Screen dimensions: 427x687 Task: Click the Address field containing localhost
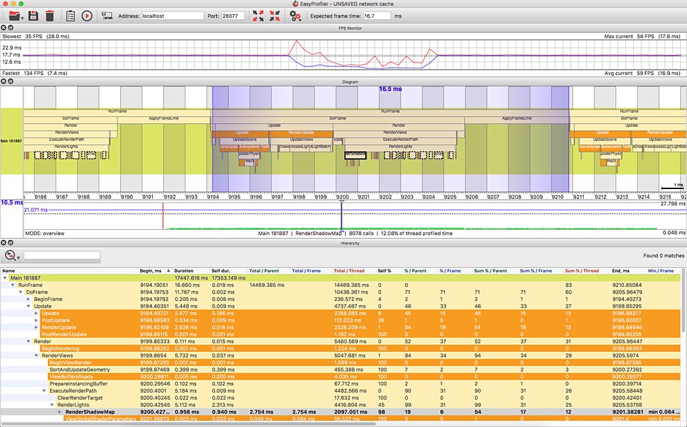coord(172,15)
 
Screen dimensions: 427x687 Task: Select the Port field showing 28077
coord(233,15)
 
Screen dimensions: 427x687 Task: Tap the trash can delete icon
coord(50,15)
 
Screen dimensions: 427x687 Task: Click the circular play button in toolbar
coord(87,15)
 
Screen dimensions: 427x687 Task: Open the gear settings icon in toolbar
coord(295,15)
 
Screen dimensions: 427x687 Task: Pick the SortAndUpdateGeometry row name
coord(80,369)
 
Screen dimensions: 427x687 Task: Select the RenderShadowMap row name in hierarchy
coord(90,412)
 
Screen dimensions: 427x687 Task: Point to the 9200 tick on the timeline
coord(342,198)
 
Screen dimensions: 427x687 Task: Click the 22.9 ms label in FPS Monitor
coord(11,48)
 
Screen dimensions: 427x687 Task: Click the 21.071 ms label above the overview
coord(36,210)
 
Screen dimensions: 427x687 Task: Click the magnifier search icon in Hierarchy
coord(10,255)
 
